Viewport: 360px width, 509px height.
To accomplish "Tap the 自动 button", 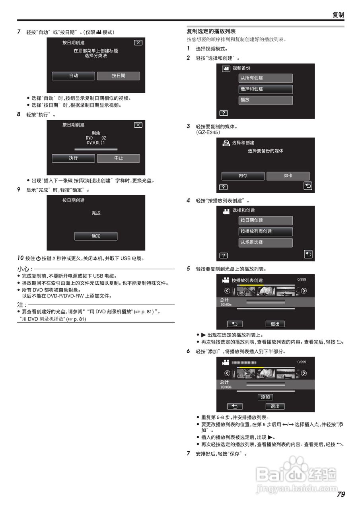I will pos(74,76).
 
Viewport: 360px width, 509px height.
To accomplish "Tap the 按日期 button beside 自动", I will pos(119,76).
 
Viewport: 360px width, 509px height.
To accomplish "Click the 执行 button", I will pos(74,158).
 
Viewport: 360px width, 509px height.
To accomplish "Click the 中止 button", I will pos(119,158).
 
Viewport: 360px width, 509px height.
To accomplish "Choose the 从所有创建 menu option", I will pos(266,78).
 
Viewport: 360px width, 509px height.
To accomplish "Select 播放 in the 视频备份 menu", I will pos(266,100).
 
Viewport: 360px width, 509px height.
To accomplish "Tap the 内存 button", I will pos(243,176).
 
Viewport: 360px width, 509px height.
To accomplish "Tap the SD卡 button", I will pos(288,176).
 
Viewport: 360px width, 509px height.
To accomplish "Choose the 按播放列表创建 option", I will pos(266,231).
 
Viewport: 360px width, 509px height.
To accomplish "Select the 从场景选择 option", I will pos(266,243).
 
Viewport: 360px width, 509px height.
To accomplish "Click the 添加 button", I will pos(265,397).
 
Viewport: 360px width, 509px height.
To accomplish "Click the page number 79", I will pos(341,495).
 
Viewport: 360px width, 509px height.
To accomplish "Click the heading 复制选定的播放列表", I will pos(211,31).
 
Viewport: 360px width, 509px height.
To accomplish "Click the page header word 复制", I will pos(338,15).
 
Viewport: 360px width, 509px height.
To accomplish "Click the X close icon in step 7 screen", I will pos(138,43).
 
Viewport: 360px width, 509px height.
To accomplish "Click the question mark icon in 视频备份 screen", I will pos(224,113).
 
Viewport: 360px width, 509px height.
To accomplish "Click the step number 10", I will pos(20,258).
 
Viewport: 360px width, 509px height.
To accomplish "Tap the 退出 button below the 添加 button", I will pos(275,406).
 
